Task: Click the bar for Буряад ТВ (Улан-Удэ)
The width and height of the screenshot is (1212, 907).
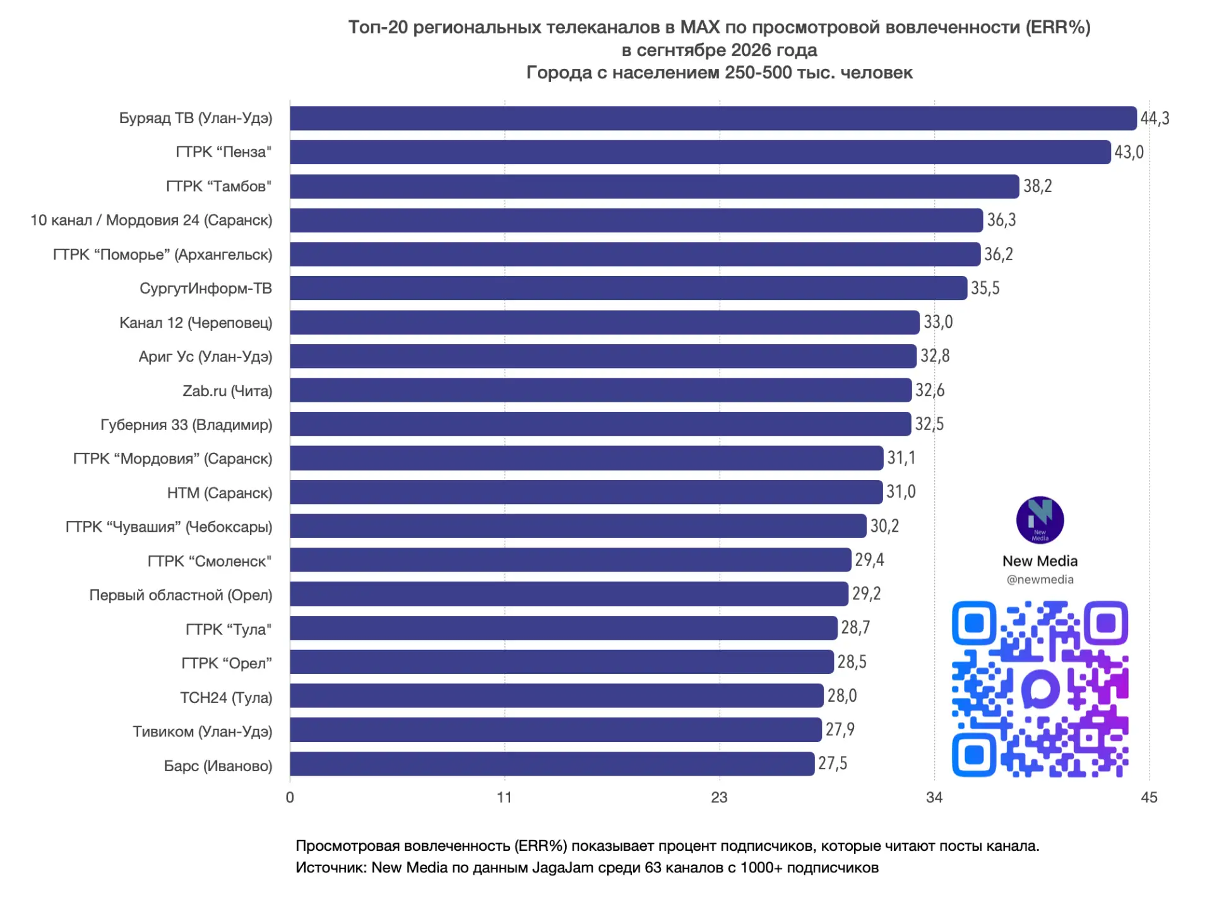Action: pyautogui.click(x=713, y=118)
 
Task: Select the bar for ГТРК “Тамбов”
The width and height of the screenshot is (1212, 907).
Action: pyautogui.click(x=655, y=186)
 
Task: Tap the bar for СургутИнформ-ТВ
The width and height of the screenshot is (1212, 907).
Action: pyautogui.click(x=629, y=288)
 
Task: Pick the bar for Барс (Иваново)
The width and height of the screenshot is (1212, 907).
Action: pyautogui.click(x=552, y=764)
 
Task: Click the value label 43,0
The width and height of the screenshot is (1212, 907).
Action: pyautogui.click(x=1129, y=152)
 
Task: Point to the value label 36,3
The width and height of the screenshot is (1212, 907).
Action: pyautogui.click(x=1001, y=220)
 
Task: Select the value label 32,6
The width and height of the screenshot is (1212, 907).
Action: pyautogui.click(x=930, y=390)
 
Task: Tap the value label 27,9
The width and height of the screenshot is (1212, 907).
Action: pyautogui.click(x=840, y=730)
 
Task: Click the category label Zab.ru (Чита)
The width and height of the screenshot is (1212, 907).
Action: pyautogui.click(x=227, y=391)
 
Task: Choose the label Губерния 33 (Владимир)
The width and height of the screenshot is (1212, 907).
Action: pyautogui.click(x=186, y=424)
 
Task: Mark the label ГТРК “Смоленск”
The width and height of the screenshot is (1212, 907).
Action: pyautogui.click(x=210, y=561)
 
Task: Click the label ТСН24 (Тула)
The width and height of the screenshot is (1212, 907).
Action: pyautogui.click(x=226, y=697)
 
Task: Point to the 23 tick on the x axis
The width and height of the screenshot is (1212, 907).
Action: pyautogui.click(x=719, y=797)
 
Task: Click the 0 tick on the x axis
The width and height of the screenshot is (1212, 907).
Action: pyautogui.click(x=290, y=797)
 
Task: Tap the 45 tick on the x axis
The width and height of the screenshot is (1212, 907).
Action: pyautogui.click(x=1149, y=797)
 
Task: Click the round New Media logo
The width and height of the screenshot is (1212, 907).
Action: pyautogui.click(x=1040, y=520)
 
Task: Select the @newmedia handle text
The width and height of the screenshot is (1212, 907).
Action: pyautogui.click(x=1040, y=579)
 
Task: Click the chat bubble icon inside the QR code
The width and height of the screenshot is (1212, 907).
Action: pyautogui.click(x=1040, y=689)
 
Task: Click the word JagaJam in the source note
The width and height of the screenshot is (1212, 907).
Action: pyautogui.click(x=562, y=867)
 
